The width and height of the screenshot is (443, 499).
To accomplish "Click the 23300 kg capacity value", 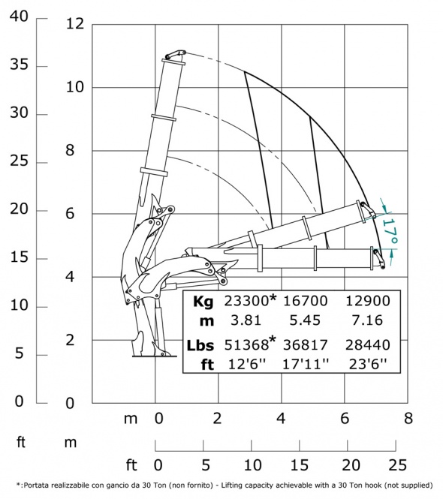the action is tap(246, 301).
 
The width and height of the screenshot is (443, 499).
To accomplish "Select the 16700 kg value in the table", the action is tap(305, 301).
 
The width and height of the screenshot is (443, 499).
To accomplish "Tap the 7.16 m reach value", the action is tap(367, 320).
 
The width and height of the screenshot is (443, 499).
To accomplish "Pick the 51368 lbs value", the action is tap(246, 345).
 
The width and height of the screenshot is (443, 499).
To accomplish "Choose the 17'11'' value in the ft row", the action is tap(306, 364).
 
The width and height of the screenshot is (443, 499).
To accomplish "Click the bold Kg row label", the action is tap(203, 301).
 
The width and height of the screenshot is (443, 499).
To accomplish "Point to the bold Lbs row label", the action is tap(200, 345).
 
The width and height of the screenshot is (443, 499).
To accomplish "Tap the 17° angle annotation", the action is tap(390, 231).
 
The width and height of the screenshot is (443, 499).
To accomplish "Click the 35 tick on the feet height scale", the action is tap(19, 65).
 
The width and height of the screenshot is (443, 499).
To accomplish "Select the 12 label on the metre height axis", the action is tap(75, 24).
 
